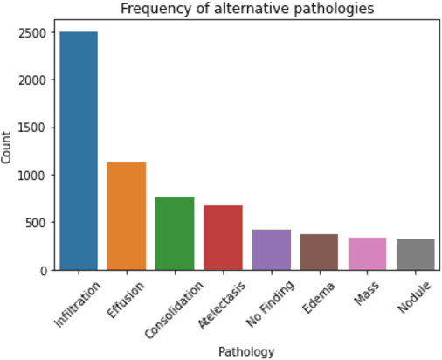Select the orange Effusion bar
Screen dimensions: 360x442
pyautogui.click(x=127, y=216)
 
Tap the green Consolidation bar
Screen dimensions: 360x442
pyautogui.click(x=175, y=233)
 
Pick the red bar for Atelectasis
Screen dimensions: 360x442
pyautogui.click(x=223, y=238)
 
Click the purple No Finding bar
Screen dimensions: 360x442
pyautogui.click(x=271, y=250)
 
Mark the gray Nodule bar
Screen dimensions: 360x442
pyautogui.click(x=415, y=254)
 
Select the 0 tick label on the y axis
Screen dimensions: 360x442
pyautogui.click(x=45, y=270)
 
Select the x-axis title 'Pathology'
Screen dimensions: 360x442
pyautogui.click(x=247, y=351)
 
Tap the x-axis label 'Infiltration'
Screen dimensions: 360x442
pyautogui.click(x=77, y=303)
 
